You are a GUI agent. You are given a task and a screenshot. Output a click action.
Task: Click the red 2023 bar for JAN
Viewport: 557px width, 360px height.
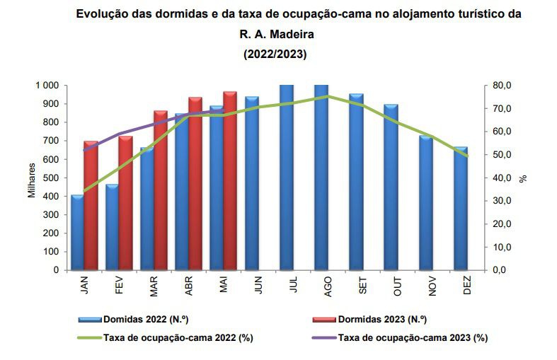point(91,205)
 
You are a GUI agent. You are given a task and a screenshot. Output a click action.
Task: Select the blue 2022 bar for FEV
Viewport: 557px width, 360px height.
point(112,226)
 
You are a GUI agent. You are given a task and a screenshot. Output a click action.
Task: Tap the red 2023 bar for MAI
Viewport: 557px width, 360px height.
point(230,180)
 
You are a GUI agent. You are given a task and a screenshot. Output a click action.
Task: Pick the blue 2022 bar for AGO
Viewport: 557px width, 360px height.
point(321,177)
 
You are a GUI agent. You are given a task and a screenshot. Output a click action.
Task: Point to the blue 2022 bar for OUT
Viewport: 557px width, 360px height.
point(391,187)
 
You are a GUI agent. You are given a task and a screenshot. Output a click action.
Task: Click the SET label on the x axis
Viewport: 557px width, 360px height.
point(363,284)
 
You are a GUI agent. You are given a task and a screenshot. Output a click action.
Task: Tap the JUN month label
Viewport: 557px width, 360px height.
point(258,284)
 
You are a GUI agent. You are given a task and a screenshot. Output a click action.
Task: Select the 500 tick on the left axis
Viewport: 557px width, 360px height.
point(50,178)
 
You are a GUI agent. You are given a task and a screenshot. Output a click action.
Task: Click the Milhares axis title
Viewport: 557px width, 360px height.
point(32,180)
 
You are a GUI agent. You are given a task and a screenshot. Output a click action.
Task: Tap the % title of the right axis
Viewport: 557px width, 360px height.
point(524,178)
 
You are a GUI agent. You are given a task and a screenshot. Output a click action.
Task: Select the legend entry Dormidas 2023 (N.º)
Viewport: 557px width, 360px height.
point(382,320)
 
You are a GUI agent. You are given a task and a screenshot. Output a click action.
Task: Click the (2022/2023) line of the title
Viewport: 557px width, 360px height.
point(275,54)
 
